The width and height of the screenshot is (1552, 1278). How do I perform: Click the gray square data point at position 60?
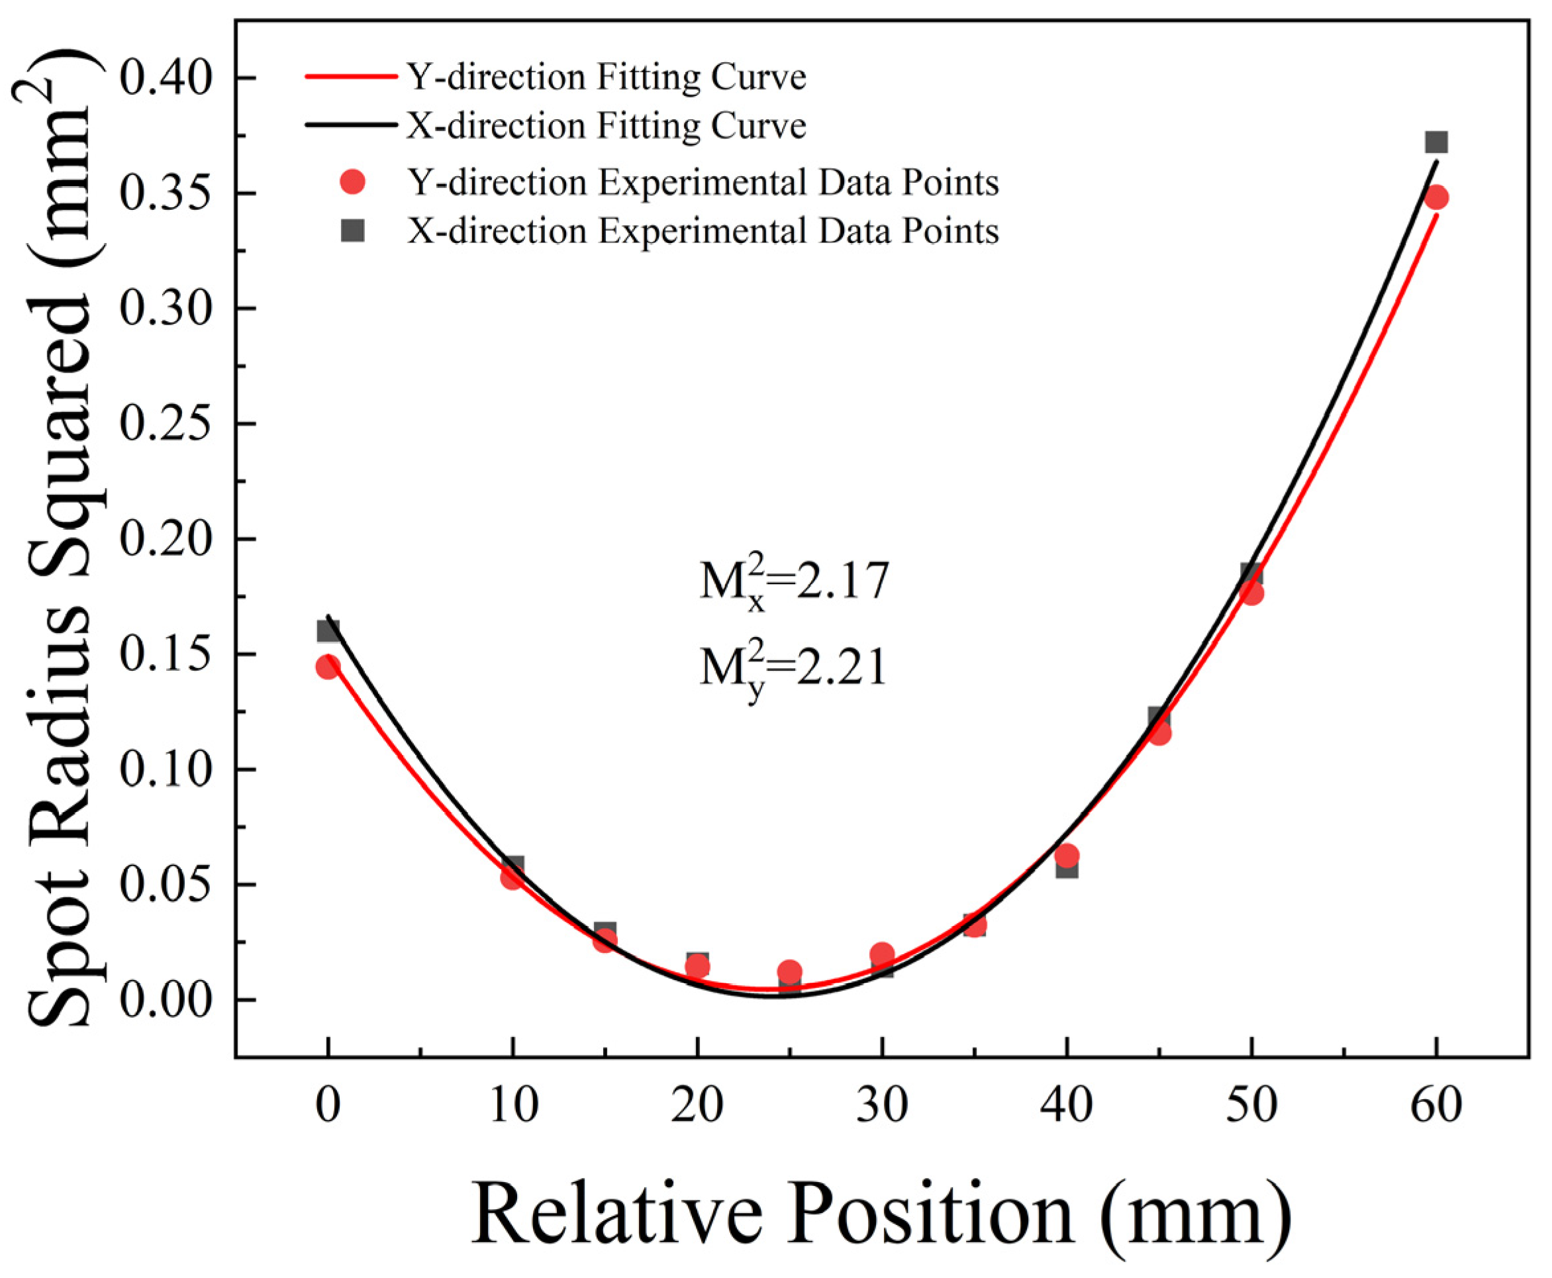tap(1435, 142)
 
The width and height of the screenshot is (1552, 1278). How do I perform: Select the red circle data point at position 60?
tap(1435, 197)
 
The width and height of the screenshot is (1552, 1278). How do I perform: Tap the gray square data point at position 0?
tap(328, 631)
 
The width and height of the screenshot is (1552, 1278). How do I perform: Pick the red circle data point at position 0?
tap(328, 667)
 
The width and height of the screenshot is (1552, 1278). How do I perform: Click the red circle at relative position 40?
tap(1066, 856)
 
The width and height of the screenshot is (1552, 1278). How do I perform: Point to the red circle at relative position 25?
tap(789, 973)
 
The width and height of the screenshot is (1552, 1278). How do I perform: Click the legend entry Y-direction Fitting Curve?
tap(606, 77)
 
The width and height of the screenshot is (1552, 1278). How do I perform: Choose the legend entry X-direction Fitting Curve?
tap(606, 125)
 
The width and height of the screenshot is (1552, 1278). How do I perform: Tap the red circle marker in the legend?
tap(353, 182)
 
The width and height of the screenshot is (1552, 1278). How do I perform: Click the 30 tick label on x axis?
tap(882, 1106)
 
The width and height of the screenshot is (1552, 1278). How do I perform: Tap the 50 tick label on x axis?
tap(1251, 1106)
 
